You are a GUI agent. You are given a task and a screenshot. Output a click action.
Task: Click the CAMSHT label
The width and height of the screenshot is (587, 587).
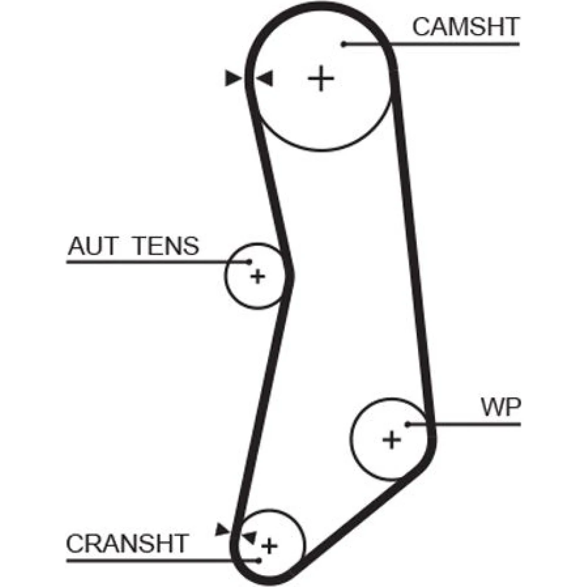tap(465, 27)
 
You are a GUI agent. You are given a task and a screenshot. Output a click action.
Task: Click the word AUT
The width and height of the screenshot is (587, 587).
tap(93, 247)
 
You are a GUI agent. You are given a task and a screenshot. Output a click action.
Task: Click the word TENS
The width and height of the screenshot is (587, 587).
tap(165, 247)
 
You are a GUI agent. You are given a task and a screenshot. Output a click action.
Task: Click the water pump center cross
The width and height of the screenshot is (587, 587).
tap(391, 438)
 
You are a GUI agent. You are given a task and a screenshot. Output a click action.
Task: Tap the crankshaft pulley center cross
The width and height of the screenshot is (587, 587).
tap(269, 546)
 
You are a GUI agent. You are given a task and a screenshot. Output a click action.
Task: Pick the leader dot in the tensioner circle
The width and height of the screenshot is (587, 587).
tap(249, 261)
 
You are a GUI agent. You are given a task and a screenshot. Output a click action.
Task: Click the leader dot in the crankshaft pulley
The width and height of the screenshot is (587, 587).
tap(259, 561)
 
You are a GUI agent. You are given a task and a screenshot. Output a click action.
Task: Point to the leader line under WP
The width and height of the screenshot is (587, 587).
tap(470, 424)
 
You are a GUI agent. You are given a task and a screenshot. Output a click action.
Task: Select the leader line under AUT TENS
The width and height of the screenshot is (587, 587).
tap(153, 261)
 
